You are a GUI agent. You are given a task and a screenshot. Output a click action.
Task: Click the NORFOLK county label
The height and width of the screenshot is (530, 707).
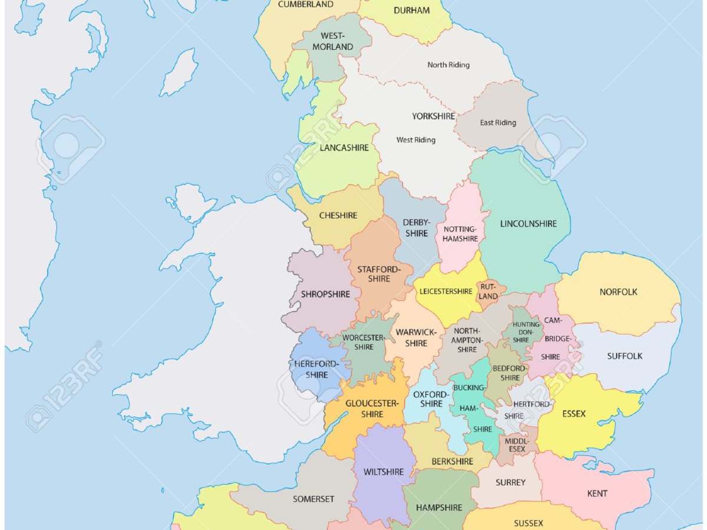tap(618, 292)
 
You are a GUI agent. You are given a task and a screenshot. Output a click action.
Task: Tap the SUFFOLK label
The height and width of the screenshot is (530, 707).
tap(625, 356)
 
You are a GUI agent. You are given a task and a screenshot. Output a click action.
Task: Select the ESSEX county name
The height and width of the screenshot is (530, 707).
tap(574, 414)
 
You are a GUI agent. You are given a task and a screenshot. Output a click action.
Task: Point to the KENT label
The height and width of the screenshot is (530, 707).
tap(597, 493)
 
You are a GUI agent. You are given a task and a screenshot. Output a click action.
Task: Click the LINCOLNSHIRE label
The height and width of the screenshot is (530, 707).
tap(528, 224)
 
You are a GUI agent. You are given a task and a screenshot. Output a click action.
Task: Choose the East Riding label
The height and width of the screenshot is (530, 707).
tap(498, 123)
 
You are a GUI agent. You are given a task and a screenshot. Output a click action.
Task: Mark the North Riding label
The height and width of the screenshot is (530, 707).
tap(448, 65)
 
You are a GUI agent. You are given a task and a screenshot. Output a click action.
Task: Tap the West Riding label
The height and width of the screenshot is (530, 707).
tap(416, 140)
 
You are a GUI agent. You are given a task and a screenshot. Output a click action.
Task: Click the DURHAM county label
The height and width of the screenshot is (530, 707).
tap(411, 11)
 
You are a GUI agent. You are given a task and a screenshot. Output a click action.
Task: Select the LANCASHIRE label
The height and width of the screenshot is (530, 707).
tap(344, 148)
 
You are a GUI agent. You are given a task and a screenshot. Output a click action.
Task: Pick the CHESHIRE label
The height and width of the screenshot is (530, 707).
tap(338, 216)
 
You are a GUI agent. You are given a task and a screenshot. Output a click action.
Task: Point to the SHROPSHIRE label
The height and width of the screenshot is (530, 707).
tap(325, 294)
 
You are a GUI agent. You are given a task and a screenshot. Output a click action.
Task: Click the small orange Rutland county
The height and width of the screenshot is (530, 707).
tap(489, 291)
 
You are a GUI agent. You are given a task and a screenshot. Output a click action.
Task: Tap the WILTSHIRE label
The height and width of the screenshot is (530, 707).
tap(384, 472)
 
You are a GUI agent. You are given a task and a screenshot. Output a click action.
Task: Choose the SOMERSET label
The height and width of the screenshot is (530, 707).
tap(313, 499)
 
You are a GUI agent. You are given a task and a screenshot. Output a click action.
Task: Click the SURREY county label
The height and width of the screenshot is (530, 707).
tap(510, 483)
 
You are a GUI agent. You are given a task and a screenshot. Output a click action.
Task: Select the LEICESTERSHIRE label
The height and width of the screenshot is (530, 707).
tap(445, 291)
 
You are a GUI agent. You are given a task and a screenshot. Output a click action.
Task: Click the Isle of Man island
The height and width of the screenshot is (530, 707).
tap(179, 72)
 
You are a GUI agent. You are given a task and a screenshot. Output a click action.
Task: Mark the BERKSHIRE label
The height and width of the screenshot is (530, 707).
tap(452, 462)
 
